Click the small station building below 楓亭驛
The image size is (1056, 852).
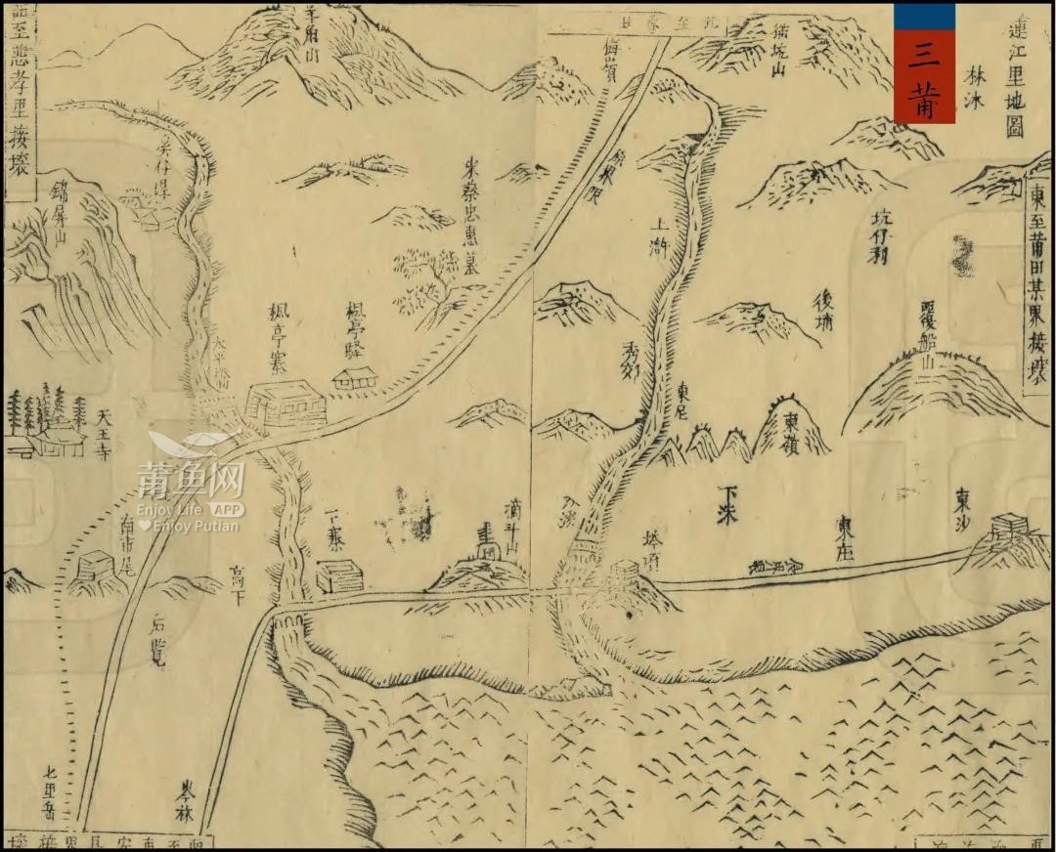[355, 378]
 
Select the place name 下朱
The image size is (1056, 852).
[726, 503]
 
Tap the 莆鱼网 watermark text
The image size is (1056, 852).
[191, 480]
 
